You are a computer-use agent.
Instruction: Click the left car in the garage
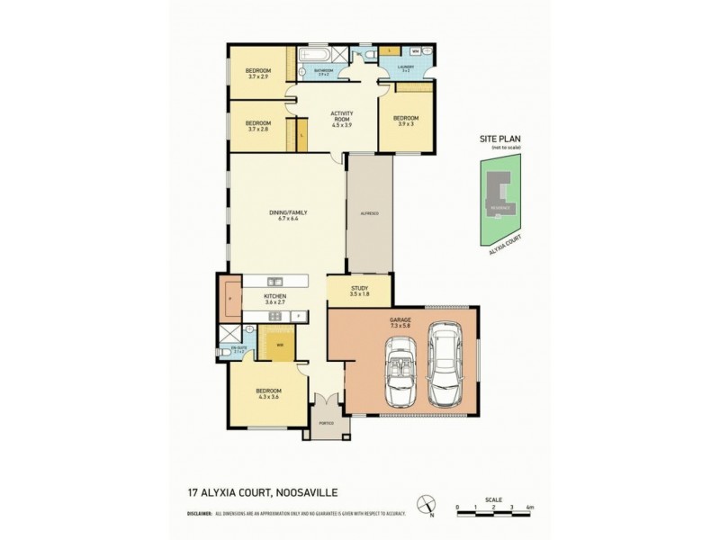coord(399,371)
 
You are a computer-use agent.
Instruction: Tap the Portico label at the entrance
coord(326,422)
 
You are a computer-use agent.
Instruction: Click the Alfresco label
coord(369,212)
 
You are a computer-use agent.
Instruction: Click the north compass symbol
coord(430,506)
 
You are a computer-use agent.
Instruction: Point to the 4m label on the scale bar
coord(530,508)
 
